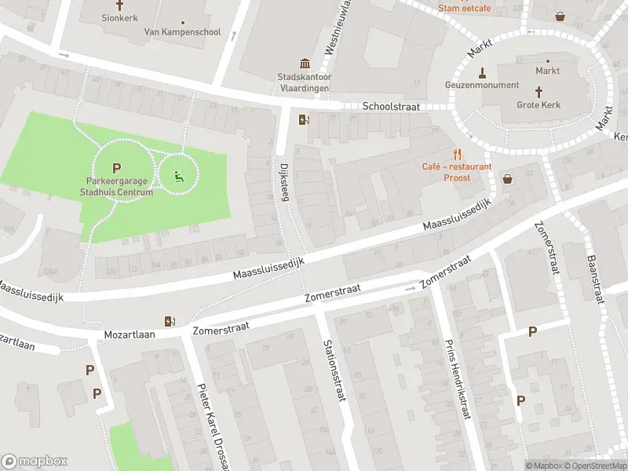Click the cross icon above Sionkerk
[119, 4]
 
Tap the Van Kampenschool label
[182, 32]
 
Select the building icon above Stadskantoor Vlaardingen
[304, 64]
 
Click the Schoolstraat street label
[391, 107]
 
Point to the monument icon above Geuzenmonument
[482, 71]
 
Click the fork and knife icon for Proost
[457, 154]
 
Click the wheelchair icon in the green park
[179, 177]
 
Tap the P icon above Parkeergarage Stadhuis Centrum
[117, 168]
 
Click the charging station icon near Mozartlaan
[170, 320]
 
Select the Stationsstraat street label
[334, 371]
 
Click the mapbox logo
[35, 462]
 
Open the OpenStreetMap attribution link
[595, 466]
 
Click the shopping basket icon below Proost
[507, 179]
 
